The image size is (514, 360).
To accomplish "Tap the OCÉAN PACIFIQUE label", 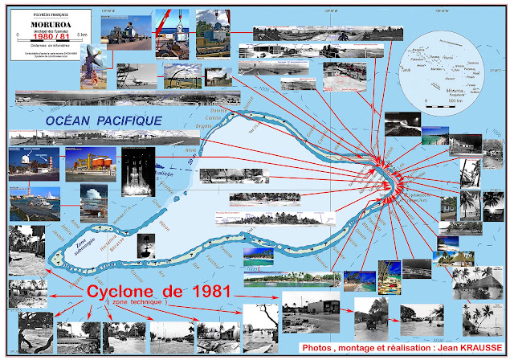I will pos(104,121).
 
